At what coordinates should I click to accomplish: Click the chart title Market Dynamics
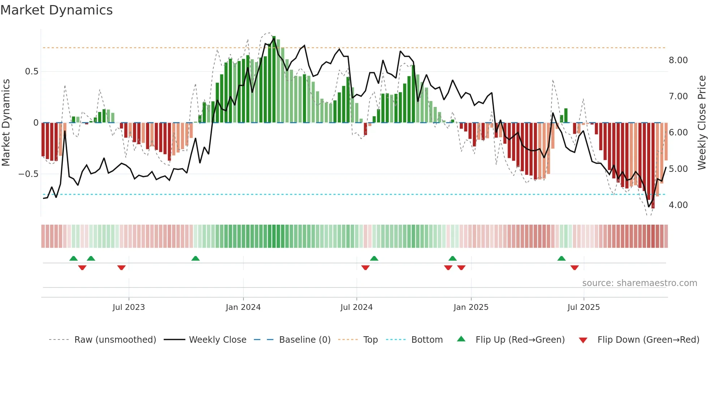click(56, 10)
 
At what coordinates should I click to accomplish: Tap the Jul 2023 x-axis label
click(129, 307)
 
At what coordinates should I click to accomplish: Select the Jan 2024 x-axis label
click(243, 307)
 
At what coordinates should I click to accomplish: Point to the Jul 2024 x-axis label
click(356, 307)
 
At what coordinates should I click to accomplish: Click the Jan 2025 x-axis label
click(471, 307)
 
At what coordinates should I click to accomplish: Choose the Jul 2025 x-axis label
click(583, 307)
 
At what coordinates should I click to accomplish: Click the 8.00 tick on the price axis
click(678, 60)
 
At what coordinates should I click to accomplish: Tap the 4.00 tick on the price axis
click(678, 205)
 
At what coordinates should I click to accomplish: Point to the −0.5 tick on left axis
click(28, 174)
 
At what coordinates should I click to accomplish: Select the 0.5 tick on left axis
click(31, 72)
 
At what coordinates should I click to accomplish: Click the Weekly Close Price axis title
click(701, 123)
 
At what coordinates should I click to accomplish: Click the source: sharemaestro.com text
click(639, 283)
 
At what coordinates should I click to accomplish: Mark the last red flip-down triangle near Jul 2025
click(574, 268)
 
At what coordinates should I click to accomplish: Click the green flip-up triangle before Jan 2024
click(195, 258)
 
